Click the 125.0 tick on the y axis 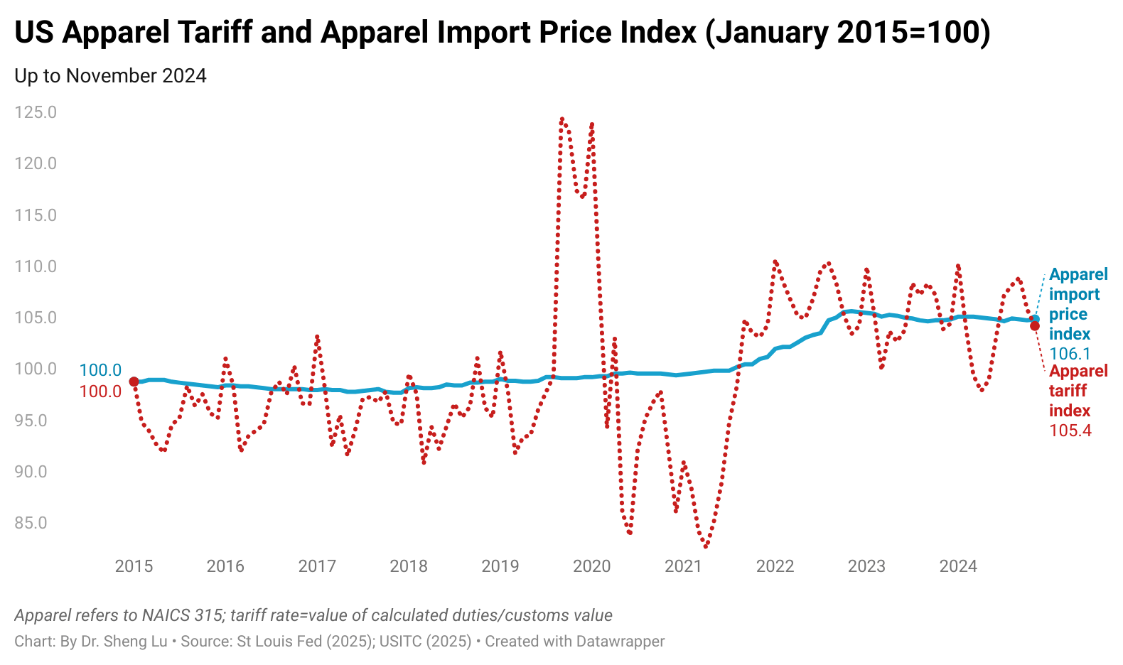pos(36,112)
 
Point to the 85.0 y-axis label pos(36,523)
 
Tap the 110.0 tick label pos(36,266)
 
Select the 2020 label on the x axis pos(591,566)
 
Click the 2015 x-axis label pos(134,566)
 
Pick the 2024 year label pos(958,566)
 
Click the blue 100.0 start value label pos(100,370)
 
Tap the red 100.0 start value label pos(100,391)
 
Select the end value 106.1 pos(1070,354)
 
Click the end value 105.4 pos(1070,431)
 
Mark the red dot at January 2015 pos(134,382)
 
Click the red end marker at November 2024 pos(1035,326)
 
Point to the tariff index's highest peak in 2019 pos(561,119)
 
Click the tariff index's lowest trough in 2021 pos(706,546)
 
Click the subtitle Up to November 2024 pos(110,76)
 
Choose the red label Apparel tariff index pos(1078,391)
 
